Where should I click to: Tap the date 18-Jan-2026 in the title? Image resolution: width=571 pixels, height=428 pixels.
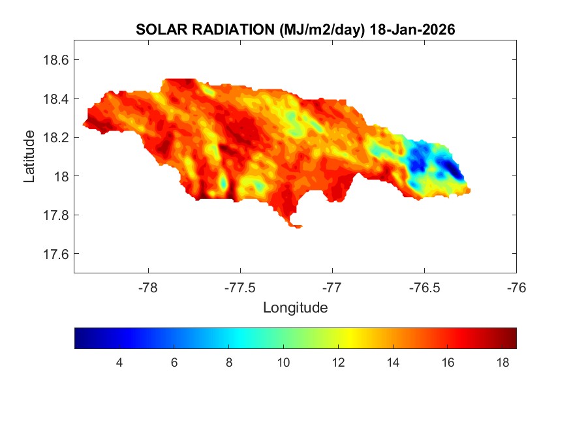pyautogui.click(x=411, y=30)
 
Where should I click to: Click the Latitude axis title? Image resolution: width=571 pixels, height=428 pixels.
pyautogui.click(x=29, y=156)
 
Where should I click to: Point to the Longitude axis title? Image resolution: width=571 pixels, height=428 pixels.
pyautogui.click(x=295, y=307)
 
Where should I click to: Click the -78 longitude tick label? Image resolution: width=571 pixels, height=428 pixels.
pyautogui.click(x=149, y=287)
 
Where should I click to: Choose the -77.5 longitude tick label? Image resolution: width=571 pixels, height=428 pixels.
pyautogui.click(x=241, y=287)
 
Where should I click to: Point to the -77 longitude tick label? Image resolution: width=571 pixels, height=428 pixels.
pyautogui.click(x=333, y=287)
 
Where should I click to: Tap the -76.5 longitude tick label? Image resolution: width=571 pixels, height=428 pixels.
pyautogui.click(x=424, y=287)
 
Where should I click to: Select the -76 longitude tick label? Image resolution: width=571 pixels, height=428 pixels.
pyautogui.click(x=516, y=287)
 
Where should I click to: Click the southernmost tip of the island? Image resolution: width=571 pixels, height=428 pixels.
pyautogui.click(x=298, y=228)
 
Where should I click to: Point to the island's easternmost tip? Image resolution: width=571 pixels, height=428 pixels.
pyautogui.click(x=470, y=191)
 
